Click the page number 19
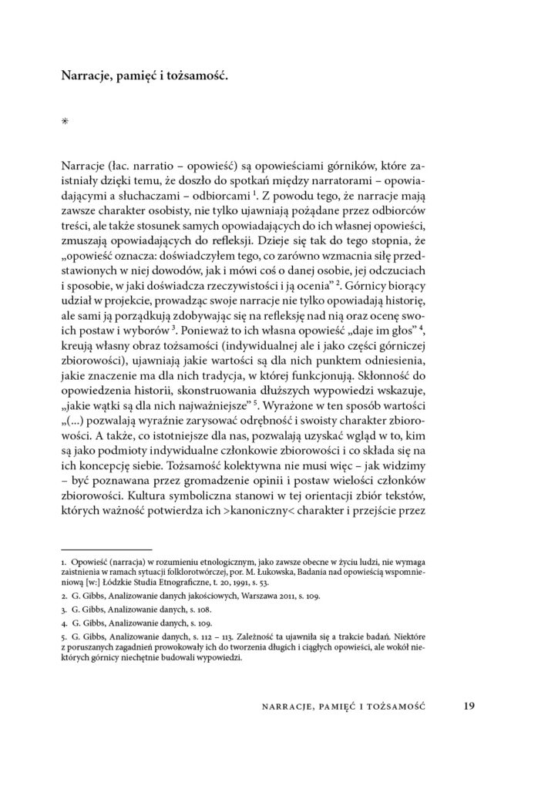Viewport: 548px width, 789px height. (x=471, y=705)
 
